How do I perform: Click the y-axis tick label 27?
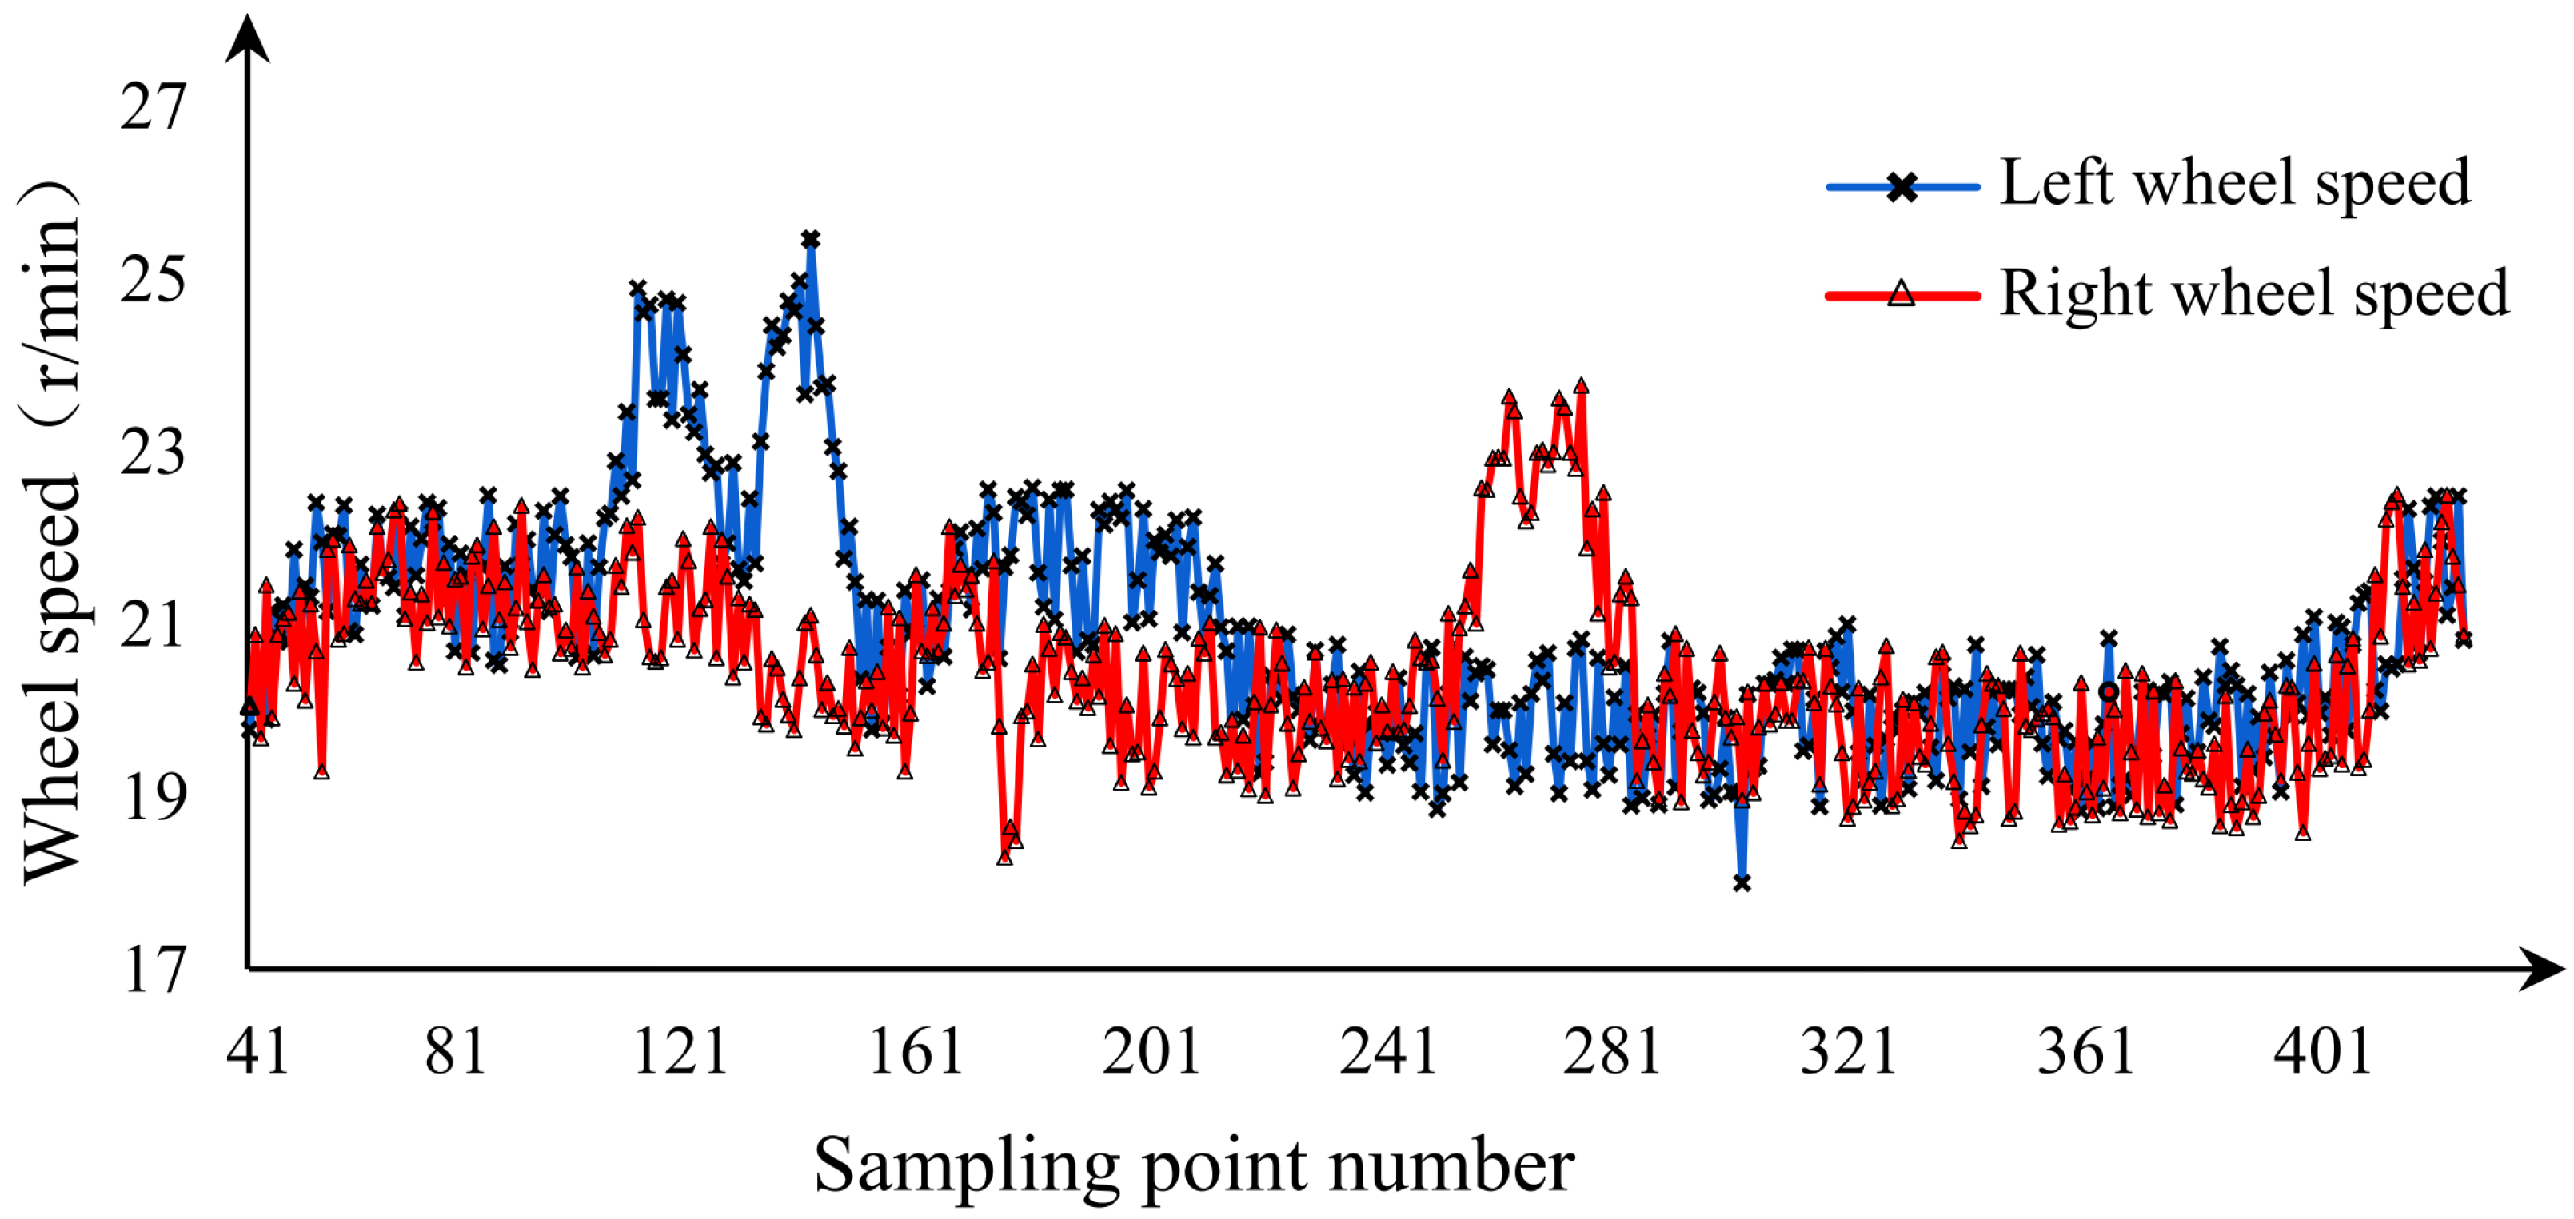(x=153, y=107)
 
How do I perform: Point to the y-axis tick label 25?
(x=153, y=280)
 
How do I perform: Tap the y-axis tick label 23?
(x=153, y=452)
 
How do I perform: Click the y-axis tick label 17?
(x=153, y=969)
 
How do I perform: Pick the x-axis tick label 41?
(x=257, y=1051)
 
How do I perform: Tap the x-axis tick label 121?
(x=681, y=1051)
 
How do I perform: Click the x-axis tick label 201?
(x=1151, y=1051)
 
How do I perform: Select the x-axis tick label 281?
(x=1613, y=1051)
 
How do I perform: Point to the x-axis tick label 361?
(x=2086, y=1051)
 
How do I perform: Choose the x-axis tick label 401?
(x=2323, y=1051)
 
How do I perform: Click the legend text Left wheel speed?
(x=2235, y=183)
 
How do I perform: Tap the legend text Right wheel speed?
(x=2254, y=294)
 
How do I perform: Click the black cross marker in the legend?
(x=1902, y=187)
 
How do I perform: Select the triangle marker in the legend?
(x=1902, y=295)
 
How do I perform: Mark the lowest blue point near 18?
(x=1742, y=883)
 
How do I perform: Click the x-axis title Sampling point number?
(x=1194, y=1166)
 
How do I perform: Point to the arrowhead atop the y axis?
(x=247, y=38)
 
